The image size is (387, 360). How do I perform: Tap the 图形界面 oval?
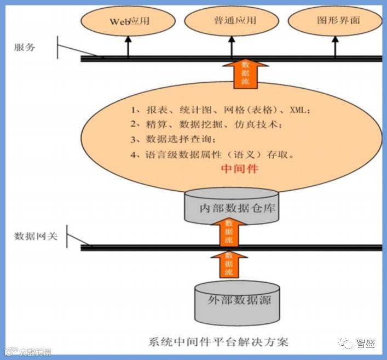tap(335, 21)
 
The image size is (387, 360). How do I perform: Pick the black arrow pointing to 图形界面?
tap(336, 47)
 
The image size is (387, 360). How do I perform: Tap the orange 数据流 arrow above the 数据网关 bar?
tap(229, 230)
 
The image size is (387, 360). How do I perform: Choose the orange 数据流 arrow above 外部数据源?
tap(229, 264)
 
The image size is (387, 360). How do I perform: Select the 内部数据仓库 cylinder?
tap(229, 207)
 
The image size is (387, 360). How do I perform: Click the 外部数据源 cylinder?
tap(232, 300)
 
